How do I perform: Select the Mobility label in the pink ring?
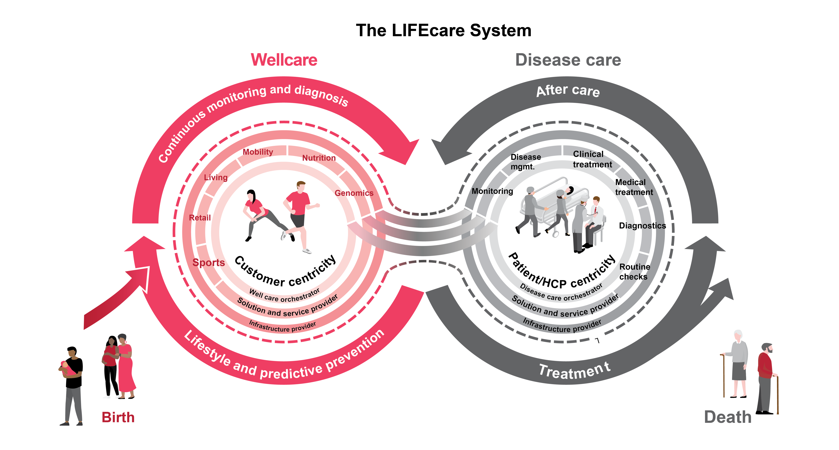point(258,152)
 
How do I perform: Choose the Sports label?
point(208,262)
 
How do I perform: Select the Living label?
point(216,177)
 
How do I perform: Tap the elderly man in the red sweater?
point(765,375)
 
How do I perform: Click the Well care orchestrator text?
point(284,295)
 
